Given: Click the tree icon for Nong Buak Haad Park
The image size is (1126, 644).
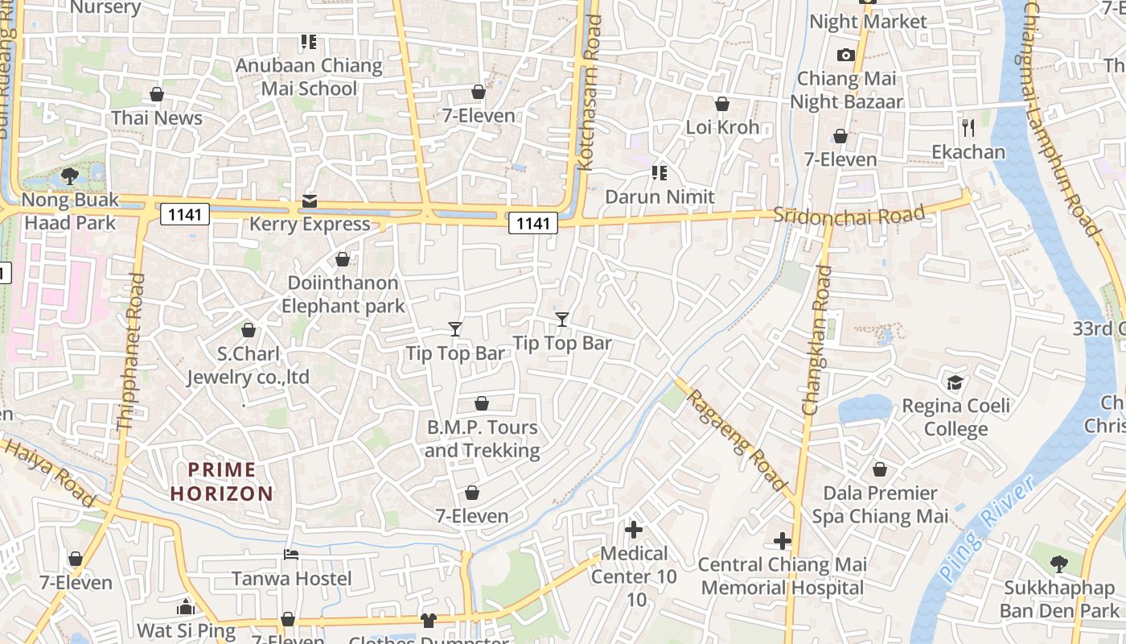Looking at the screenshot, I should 70,175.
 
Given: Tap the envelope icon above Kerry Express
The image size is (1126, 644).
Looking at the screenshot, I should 310,201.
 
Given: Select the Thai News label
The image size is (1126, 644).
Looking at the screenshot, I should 157,118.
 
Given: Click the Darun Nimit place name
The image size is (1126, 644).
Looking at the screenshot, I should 660,196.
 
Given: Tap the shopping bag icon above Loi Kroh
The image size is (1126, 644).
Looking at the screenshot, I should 722,104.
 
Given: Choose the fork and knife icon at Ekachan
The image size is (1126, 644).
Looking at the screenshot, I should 968,127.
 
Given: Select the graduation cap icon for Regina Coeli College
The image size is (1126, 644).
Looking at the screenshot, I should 955,382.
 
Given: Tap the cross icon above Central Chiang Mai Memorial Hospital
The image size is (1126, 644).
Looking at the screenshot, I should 782,541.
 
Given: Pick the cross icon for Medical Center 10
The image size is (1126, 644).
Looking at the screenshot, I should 634,530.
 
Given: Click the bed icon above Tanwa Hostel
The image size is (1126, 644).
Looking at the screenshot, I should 291,555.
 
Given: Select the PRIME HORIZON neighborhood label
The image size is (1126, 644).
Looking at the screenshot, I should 222,481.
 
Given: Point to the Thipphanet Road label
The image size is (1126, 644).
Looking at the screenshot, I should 130,351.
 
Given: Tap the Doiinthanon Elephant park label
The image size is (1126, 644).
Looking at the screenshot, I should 343,295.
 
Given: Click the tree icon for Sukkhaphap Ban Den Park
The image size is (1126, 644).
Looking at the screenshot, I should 1059,563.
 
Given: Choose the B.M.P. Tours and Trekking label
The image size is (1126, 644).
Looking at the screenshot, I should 482,439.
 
